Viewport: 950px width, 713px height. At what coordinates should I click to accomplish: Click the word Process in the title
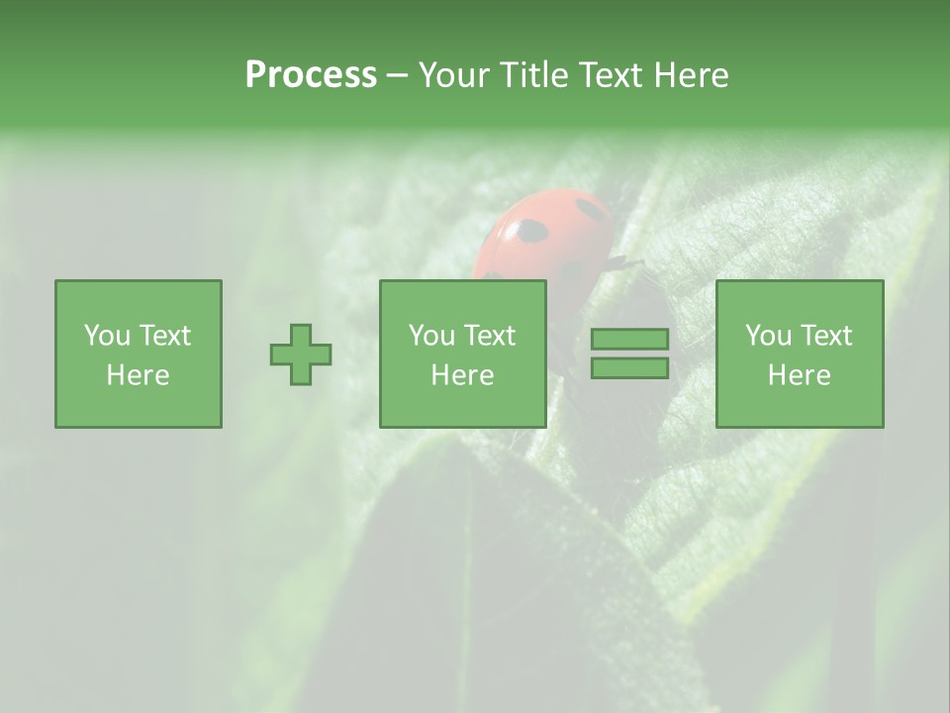311,75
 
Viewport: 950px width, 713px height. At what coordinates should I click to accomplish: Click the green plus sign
301,354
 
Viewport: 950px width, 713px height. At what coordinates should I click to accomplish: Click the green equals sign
629,354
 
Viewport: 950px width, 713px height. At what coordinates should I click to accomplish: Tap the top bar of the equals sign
629,339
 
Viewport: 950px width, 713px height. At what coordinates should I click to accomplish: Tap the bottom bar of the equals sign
629,368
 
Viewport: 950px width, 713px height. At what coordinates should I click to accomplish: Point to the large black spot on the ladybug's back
531,231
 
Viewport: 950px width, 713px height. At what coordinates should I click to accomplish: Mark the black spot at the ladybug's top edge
593,209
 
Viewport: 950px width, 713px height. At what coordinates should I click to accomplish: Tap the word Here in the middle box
463,375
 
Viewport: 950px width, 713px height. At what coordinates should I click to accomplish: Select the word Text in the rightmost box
825,336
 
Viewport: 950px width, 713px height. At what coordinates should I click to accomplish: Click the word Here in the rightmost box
800,375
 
